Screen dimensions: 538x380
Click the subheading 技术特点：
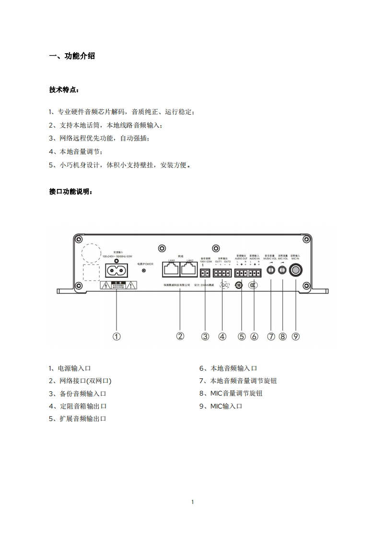coord(64,90)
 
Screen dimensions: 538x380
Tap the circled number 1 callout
coord(116,337)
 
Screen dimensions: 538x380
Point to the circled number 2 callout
coord(180,336)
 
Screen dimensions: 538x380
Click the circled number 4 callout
coord(222,337)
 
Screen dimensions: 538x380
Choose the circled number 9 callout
coord(296,337)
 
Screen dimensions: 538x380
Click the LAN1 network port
coord(171,269)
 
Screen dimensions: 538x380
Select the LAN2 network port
coord(189,269)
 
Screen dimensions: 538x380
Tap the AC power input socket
coord(116,271)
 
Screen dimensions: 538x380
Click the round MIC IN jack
coord(296,270)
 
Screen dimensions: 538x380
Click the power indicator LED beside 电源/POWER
coord(144,271)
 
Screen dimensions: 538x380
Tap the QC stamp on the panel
coord(224,285)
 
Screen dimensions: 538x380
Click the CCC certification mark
coord(253,285)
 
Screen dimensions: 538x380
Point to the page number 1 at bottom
coord(192,502)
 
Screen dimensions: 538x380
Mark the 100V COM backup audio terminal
coord(206,273)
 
